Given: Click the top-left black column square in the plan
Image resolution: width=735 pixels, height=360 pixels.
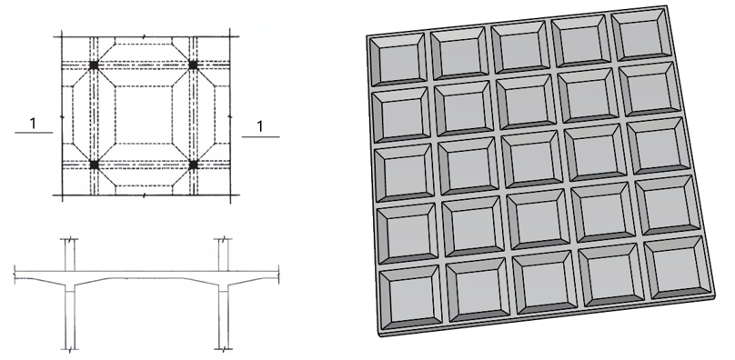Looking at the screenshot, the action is pyautogui.click(x=94, y=65).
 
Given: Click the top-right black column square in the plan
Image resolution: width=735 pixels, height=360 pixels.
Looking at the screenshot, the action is pyautogui.click(x=193, y=65).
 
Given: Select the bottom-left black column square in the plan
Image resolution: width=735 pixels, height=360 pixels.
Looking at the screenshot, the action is pyautogui.click(x=95, y=165).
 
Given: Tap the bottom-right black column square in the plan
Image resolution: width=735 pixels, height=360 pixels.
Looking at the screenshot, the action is pyautogui.click(x=193, y=164).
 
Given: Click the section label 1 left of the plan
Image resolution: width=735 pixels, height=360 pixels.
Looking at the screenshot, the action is pyautogui.click(x=33, y=124).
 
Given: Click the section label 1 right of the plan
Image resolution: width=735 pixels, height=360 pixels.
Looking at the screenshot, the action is pyautogui.click(x=260, y=126).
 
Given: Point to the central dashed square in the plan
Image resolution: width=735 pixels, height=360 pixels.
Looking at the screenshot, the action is pyautogui.click(x=144, y=115).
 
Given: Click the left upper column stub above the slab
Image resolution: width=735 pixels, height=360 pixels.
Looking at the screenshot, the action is pyautogui.click(x=70, y=255).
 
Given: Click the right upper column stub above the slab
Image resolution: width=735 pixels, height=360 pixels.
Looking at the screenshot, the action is pyautogui.click(x=224, y=255).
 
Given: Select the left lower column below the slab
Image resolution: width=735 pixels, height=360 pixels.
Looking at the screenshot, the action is pyautogui.click(x=70, y=320).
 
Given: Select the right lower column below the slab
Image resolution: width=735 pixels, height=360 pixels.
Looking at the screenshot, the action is pyautogui.click(x=224, y=320).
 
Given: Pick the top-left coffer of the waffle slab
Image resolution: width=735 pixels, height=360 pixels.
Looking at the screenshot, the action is pyautogui.click(x=398, y=59).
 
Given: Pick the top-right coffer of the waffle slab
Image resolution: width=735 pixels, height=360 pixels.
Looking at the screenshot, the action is pyautogui.click(x=640, y=34).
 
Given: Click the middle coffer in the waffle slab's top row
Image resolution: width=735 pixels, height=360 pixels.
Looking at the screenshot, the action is pyautogui.click(x=520, y=46).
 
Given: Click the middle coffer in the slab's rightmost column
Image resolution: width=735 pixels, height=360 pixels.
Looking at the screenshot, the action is pyautogui.click(x=658, y=145).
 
